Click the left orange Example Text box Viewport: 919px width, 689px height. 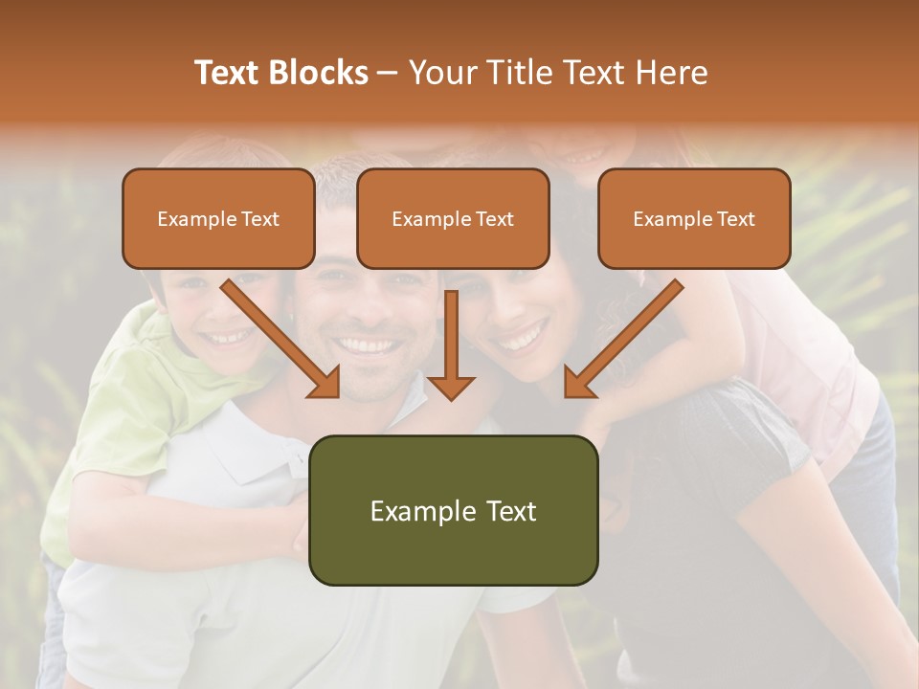tap(218, 218)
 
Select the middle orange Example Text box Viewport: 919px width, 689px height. tap(453, 218)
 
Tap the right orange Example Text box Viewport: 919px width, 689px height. tap(694, 218)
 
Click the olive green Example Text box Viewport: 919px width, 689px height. tap(453, 510)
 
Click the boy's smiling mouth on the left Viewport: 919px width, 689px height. tap(230, 337)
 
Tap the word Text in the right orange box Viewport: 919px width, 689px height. tap(736, 219)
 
